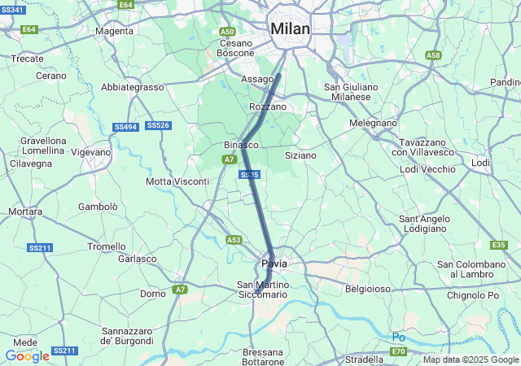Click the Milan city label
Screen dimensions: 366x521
(290, 28)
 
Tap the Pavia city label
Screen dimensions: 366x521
(274, 264)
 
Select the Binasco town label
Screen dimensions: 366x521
(241, 145)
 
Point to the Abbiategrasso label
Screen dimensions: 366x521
(133, 87)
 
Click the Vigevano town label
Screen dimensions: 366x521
(90, 152)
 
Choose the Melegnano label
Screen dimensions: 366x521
(373, 123)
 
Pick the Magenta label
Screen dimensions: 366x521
(114, 31)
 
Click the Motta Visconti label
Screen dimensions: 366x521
(177, 181)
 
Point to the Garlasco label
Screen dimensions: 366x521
(137, 259)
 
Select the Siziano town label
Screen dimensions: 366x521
(300, 155)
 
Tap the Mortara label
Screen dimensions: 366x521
(24, 211)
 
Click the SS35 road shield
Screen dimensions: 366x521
(250, 175)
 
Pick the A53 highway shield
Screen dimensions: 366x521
(234, 240)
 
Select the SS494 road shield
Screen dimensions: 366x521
(125, 127)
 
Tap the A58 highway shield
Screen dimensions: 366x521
(433, 55)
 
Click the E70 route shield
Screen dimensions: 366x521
(398, 351)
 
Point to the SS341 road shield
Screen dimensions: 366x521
(12, 8)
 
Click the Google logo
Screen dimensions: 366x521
(27, 355)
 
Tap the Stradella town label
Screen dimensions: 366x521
(364, 359)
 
